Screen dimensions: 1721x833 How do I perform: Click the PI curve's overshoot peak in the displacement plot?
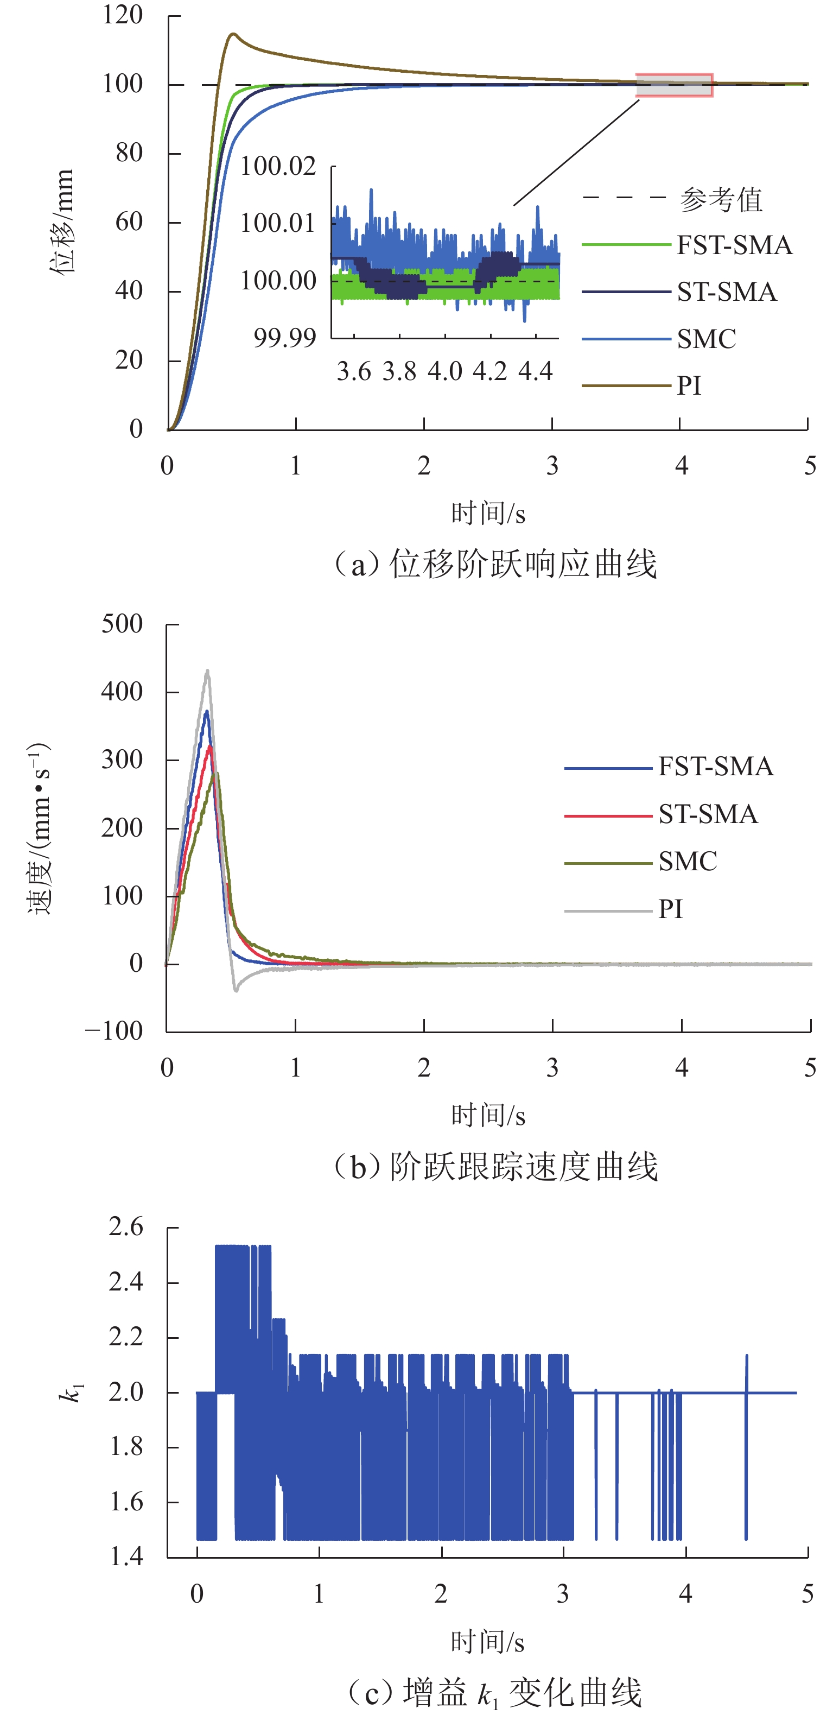coord(232,34)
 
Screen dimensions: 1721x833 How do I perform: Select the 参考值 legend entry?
coord(721,199)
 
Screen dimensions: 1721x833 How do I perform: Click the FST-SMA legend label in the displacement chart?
coord(734,246)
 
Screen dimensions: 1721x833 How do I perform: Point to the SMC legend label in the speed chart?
coord(688,862)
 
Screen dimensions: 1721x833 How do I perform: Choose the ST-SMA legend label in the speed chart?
coord(708,814)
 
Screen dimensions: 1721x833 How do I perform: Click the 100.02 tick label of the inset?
coord(278,166)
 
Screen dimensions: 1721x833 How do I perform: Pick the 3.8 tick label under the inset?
coord(399,371)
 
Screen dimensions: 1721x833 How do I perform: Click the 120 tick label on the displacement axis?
coord(123,15)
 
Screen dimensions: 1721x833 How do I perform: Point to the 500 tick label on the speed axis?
coord(122,625)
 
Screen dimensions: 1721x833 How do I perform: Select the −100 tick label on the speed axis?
coord(113,1031)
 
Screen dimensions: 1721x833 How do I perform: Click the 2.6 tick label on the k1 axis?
coord(126,1228)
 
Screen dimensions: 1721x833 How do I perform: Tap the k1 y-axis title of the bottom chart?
coord(70,1393)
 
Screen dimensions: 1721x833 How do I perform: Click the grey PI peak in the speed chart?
coord(208,672)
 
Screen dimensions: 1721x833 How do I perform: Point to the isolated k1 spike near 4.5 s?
coord(746,1356)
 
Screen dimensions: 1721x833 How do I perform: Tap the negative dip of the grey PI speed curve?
coord(236,990)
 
